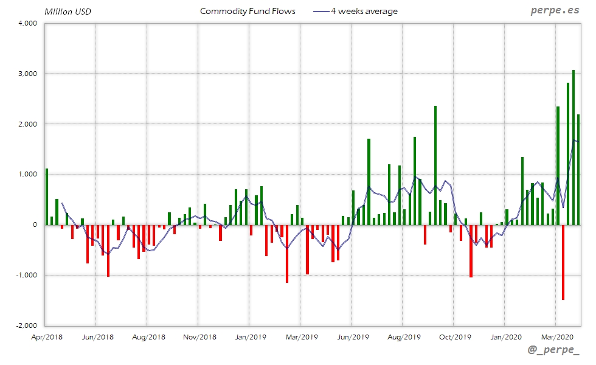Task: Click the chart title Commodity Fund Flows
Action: click(x=248, y=11)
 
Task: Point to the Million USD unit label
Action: click(x=68, y=12)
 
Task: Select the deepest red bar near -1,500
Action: click(x=563, y=262)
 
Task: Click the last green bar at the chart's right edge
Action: click(x=578, y=170)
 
